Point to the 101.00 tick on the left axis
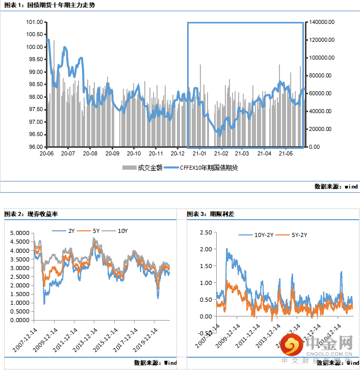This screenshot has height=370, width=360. pos(35,22)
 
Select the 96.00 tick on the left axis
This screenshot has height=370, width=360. pos(35,147)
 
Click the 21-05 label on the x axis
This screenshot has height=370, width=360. pos(286,153)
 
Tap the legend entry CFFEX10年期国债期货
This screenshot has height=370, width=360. pos(209,167)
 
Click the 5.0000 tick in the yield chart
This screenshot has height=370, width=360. pos(19,233)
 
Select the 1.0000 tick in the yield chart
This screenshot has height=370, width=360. pos(19,303)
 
